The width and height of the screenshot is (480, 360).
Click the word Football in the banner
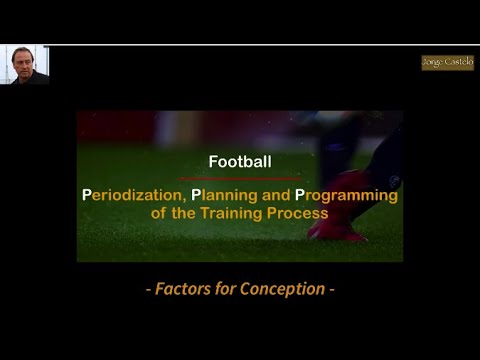click(239, 160)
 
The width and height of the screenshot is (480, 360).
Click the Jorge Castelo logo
click(447, 62)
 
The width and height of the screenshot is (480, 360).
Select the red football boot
click(340, 225)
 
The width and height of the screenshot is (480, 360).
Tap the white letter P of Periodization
click(87, 196)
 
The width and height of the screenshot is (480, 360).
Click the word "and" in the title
click(275, 196)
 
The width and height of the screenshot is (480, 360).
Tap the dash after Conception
click(331, 290)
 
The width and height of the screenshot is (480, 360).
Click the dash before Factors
click(148, 290)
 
